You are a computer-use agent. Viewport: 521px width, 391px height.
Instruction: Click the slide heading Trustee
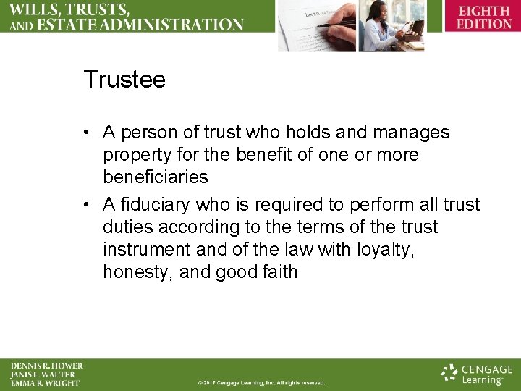[x=124, y=79]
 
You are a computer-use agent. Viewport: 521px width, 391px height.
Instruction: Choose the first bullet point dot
[x=86, y=133]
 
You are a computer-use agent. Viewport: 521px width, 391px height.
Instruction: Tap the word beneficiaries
[x=156, y=177]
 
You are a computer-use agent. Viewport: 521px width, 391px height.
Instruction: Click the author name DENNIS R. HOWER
[x=47, y=366]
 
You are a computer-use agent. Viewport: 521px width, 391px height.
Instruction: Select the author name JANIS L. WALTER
[x=43, y=374]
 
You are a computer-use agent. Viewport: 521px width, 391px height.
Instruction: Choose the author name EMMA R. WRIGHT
[x=45, y=383]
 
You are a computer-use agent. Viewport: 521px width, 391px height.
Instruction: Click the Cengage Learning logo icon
[x=450, y=373]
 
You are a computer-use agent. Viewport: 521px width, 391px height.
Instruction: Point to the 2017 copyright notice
[x=261, y=382]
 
